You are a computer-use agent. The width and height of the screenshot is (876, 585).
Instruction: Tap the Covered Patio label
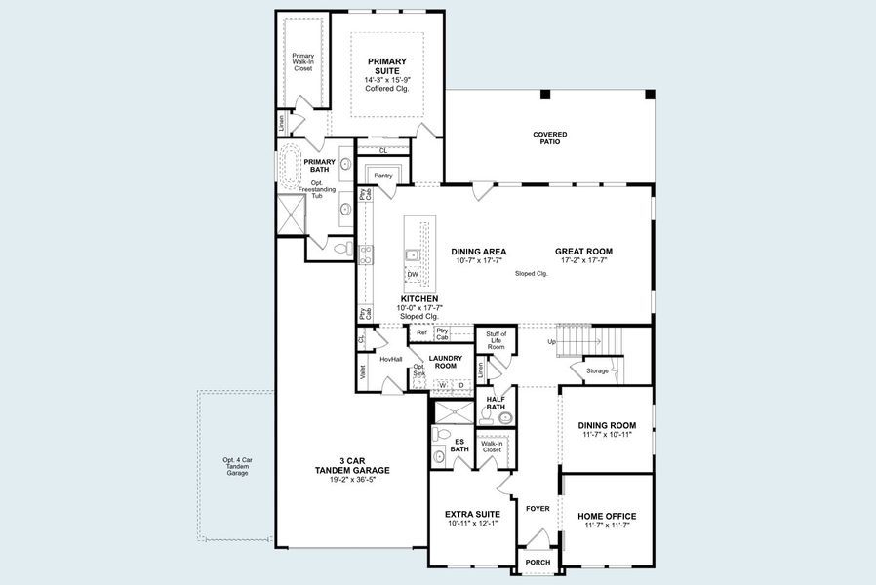549,137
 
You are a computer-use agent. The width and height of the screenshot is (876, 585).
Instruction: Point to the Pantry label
382,175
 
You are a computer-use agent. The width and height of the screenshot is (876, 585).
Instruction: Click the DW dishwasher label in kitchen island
413,275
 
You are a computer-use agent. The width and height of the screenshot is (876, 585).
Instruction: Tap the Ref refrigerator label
420,333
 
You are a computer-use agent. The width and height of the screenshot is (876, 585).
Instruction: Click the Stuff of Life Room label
496,340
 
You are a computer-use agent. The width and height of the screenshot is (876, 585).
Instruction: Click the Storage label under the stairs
596,370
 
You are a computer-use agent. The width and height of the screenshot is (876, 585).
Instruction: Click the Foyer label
538,509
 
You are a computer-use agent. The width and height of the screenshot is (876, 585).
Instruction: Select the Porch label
538,563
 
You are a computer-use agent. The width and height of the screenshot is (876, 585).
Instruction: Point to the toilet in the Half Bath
503,417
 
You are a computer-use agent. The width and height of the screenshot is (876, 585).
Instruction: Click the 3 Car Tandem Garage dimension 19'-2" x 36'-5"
352,480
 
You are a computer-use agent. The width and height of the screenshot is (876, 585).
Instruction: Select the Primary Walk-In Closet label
303,62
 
